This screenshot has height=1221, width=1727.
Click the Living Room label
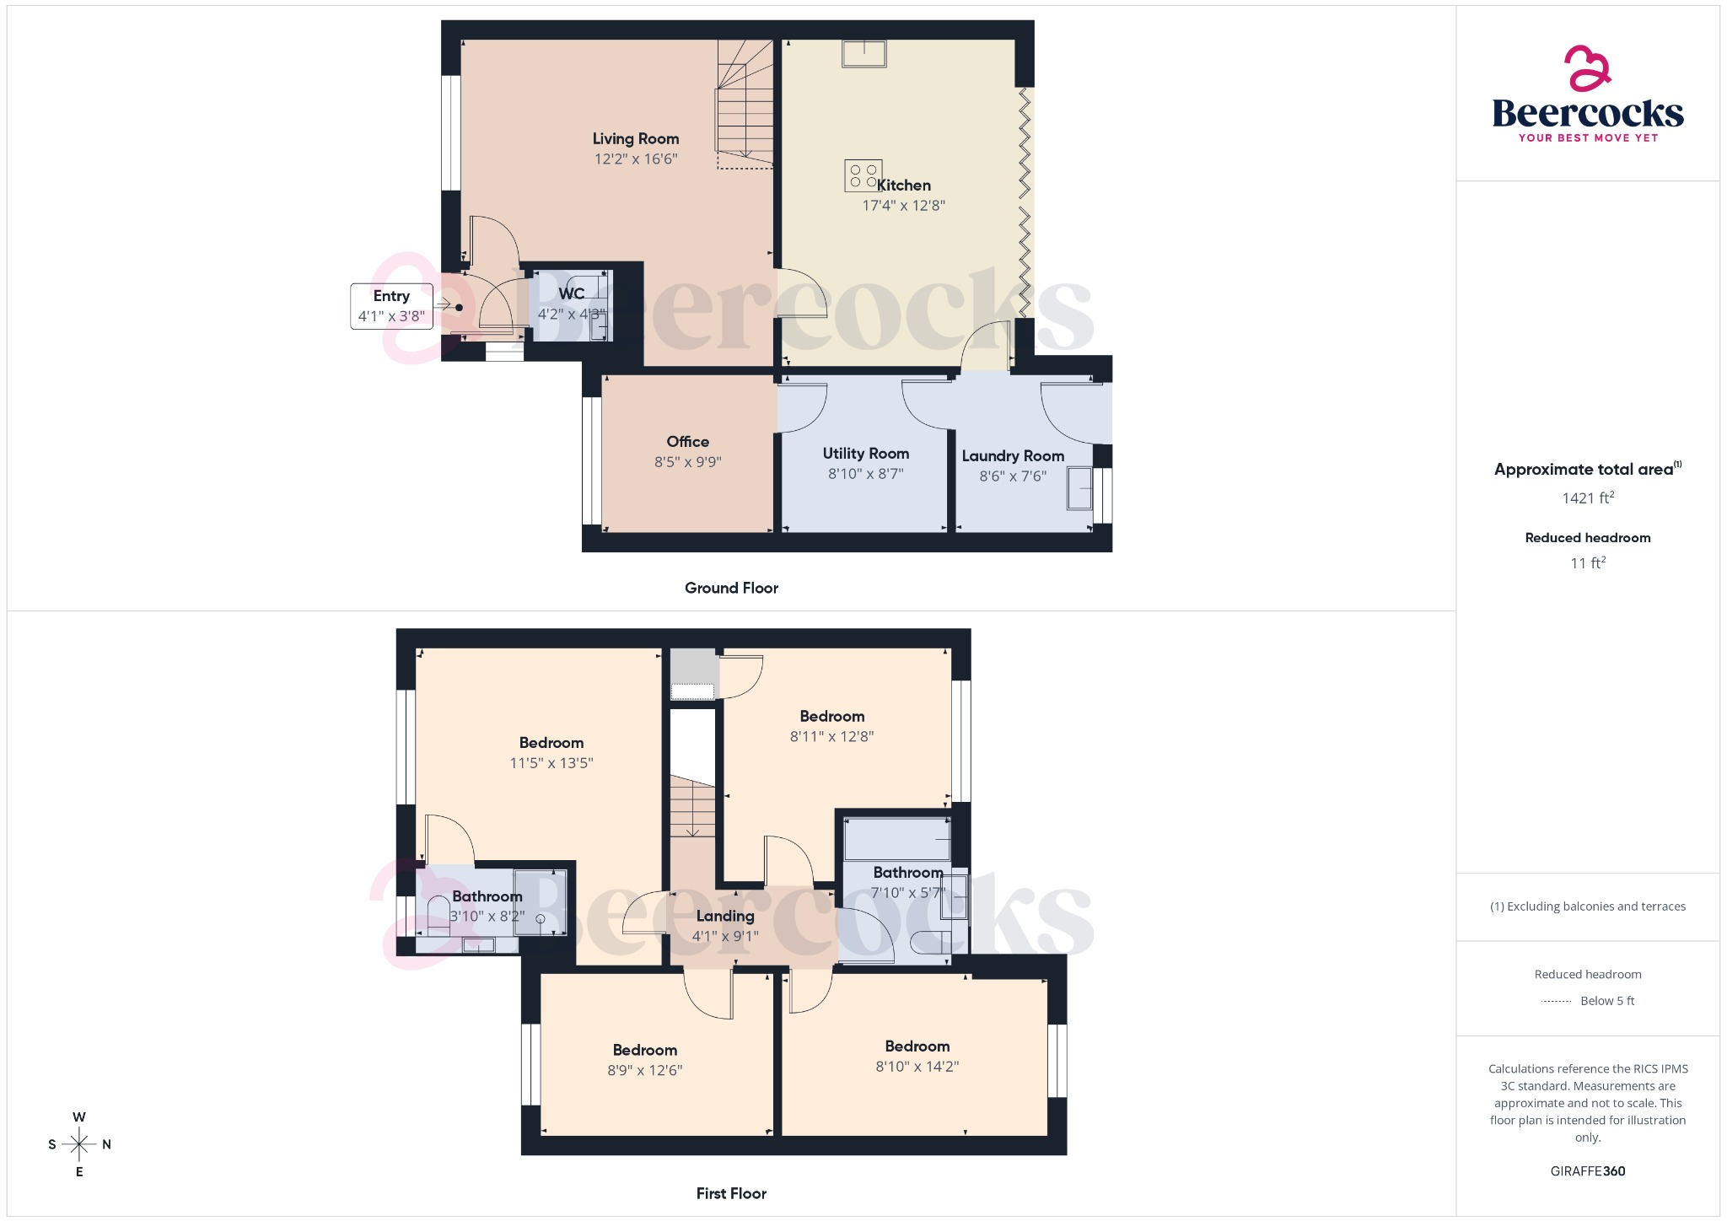point(635,139)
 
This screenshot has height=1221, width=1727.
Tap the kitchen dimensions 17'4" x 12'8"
point(903,206)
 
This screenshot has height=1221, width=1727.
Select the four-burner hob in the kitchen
point(863,175)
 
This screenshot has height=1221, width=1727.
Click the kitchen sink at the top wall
point(863,54)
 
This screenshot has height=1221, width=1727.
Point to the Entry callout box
point(391,306)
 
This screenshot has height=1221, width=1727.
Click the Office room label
point(687,442)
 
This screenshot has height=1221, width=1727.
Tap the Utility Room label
point(865,454)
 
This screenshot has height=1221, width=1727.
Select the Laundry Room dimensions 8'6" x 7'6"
point(1013,476)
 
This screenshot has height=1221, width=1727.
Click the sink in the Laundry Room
point(1079,488)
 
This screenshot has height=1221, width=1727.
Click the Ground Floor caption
point(731,589)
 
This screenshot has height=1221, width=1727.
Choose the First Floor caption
point(731,1194)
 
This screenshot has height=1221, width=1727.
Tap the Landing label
point(725,917)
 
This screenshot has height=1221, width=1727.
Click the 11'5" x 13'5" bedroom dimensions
point(551,763)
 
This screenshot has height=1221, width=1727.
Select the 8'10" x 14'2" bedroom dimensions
point(917,1067)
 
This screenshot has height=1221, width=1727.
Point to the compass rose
point(79,1144)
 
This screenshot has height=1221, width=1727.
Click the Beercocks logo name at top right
point(1587,113)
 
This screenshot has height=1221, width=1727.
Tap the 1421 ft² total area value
point(1587,498)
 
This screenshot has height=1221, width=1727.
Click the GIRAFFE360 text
point(1587,1171)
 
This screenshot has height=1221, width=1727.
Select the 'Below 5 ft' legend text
point(1606,1001)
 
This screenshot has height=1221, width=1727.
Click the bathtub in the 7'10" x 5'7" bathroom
point(897,838)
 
